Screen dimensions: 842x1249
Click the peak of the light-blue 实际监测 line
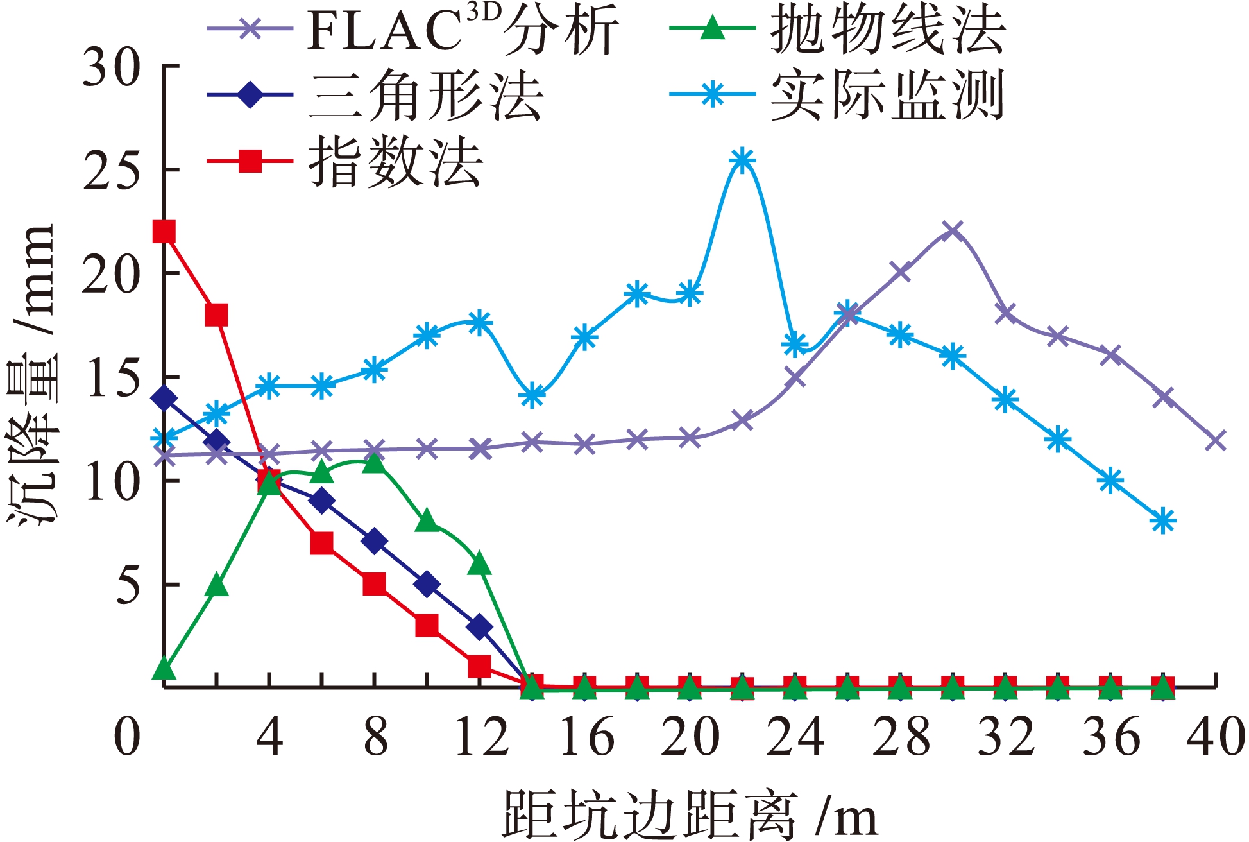click(742, 159)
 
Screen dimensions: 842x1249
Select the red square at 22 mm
click(164, 232)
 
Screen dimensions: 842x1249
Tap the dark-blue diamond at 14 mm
click(164, 398)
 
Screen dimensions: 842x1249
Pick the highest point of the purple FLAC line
click(953, 231)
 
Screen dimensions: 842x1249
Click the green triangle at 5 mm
click(217, 585)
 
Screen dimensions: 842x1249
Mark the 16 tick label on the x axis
click(586, 737)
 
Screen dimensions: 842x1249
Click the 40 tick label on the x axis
click(1215, 737)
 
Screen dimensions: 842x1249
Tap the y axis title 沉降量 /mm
click(32, 375)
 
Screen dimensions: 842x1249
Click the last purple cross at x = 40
click(1215, 441)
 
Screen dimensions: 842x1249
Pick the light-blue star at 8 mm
click(1163, 520)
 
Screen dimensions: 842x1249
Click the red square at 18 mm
click(217, 315)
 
